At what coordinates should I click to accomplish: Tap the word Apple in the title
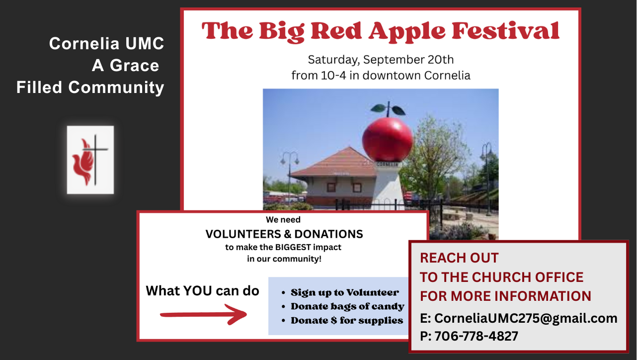click(x=407, y=32)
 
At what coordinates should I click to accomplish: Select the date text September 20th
click(x=408, y=60)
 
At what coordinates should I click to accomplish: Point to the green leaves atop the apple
click(x=388, y=109)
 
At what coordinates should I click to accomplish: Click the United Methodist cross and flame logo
click(x=90, y=160)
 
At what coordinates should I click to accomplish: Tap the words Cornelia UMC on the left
click(x=107, y=44)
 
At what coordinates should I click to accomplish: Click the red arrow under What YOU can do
click(x=204, y=314)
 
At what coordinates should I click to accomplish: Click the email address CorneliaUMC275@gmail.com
click(x=526, y=318)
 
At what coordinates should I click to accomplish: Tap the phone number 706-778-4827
click(x=477, y=336)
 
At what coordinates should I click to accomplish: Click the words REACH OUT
click(x=459, y=258)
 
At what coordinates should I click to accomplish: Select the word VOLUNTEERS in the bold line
click(x=243, y=234)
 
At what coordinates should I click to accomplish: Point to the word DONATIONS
click(x=329, y=234)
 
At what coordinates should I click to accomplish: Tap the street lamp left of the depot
click(x=290, y=177)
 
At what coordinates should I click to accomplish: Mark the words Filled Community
click(x=90, y=88)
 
